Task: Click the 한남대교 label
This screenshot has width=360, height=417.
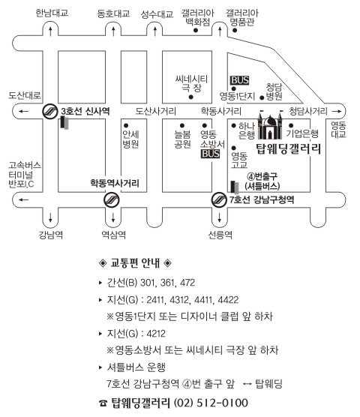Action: [x=52, y=13]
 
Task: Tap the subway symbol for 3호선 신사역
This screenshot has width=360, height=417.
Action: [x=50, y=111]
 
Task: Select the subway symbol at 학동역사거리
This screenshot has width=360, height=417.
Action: [x=112, y=199]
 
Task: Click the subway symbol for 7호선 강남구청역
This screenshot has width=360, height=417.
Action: [x=219, y=199]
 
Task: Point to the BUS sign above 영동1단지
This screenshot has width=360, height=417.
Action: [x=239, y=80]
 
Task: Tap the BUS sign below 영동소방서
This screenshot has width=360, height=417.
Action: [x=210, y=154]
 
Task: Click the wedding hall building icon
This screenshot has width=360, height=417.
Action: [x=270, y=125]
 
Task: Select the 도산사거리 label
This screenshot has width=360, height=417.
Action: [x=155, y=111]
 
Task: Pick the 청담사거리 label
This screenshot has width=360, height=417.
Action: [x=307, y=111]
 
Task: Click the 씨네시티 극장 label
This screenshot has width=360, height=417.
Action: [x=191, y=83]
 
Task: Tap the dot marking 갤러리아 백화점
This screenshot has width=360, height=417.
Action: [x=196, y=30]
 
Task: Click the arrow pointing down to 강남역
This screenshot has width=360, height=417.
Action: [x=50, y=217]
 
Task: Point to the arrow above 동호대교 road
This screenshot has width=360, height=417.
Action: [x=113, y=31]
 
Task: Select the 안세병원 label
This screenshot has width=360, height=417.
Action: [x=130, y=139]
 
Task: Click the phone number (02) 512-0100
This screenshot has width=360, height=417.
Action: [x=211, y=403]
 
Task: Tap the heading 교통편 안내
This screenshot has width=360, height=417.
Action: [x=135, y=263]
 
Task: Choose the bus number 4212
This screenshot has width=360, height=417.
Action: [x=156, y=334]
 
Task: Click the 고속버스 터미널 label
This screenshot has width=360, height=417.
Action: [x=25, y=175]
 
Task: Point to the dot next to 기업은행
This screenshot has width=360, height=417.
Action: [x=291, y=125]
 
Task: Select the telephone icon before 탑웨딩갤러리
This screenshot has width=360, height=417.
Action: [x=103, y=403]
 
